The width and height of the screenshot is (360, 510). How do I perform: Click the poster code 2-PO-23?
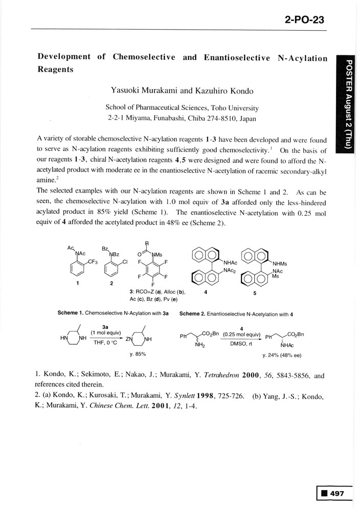point(304,20)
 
